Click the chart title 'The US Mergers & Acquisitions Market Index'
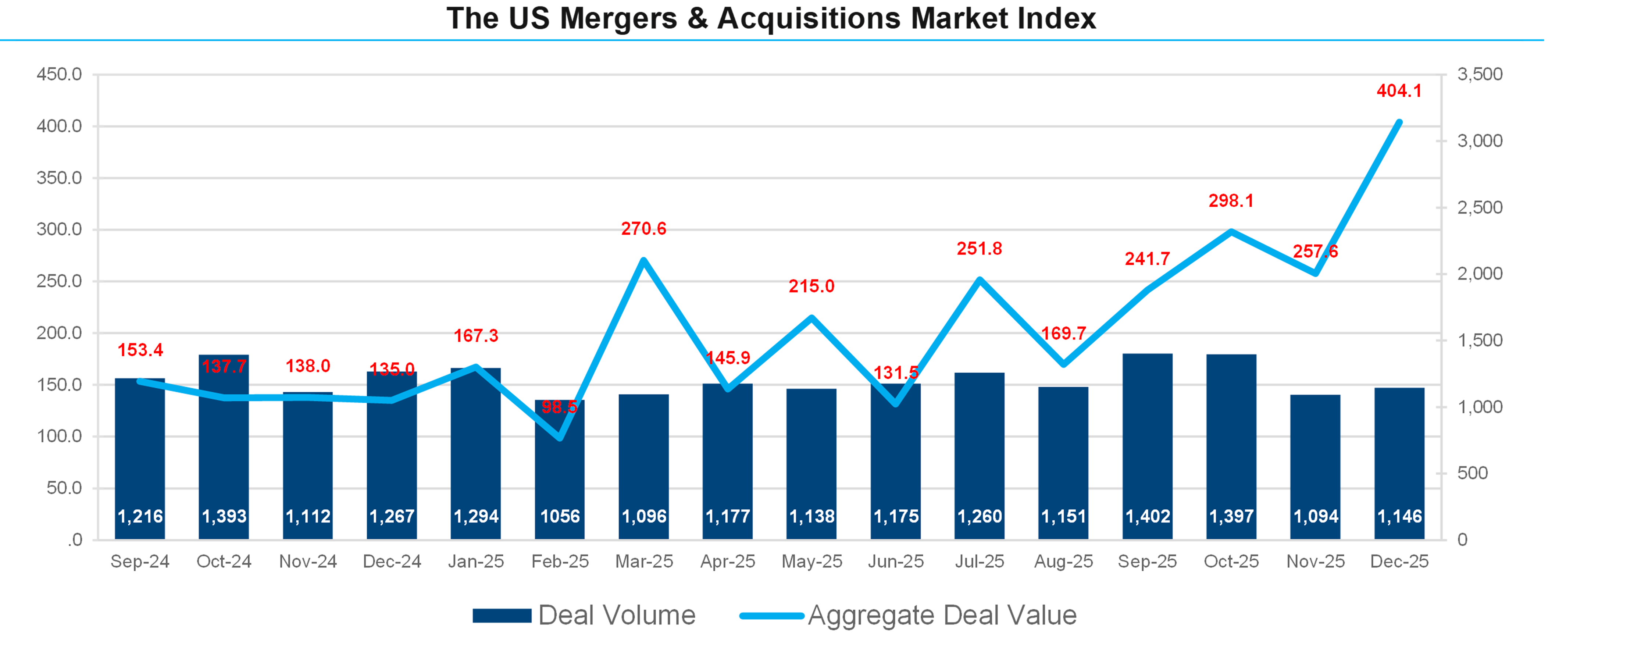point(771,18)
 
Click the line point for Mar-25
point(643,260)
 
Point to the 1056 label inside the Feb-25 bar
point(560,516)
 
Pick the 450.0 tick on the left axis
point(59,75)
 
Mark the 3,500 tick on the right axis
point(1480,75)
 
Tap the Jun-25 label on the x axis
point(896,562)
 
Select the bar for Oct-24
point(224,446)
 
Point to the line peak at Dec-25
point(1399,122)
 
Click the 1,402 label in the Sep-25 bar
point(1147,516)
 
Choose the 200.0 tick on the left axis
point(59,333)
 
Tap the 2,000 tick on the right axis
point(1480,274)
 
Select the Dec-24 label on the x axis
point(392,562)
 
